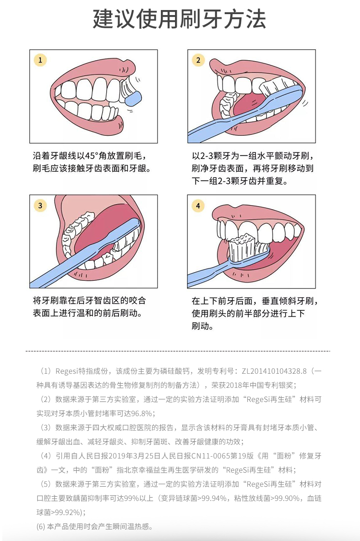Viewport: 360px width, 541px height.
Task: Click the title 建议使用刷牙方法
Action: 179,19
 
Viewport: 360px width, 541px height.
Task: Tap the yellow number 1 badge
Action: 41,60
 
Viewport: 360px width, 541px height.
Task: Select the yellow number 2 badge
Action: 198,60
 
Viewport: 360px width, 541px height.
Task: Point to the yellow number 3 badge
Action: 41,206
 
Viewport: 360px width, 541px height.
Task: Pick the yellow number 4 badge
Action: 198,206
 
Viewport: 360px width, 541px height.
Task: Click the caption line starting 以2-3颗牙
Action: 253,156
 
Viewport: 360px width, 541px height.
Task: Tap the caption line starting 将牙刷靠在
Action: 89,300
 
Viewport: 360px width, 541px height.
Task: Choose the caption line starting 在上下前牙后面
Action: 255,301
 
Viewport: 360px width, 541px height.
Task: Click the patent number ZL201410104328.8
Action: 274,371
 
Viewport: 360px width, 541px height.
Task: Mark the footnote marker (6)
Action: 41,527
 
